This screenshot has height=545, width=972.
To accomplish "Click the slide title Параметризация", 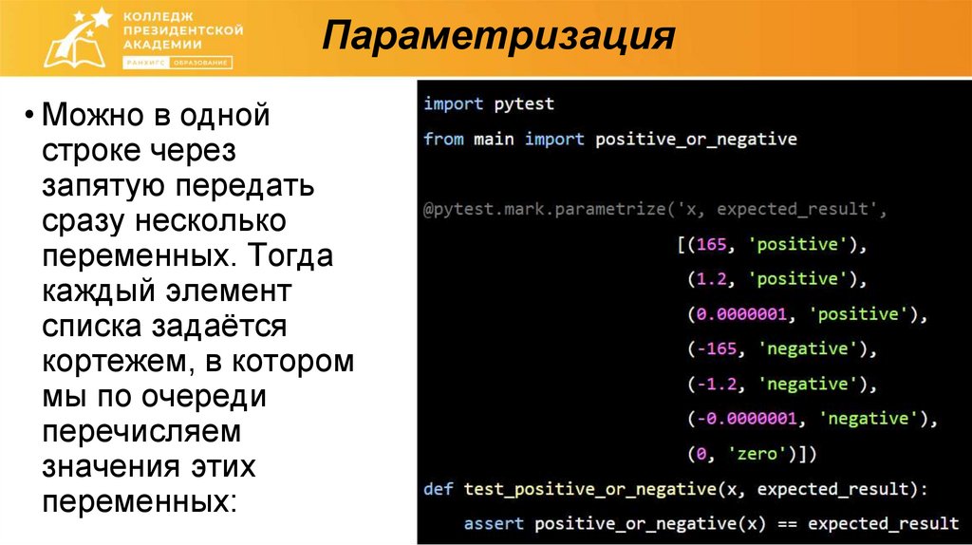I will pyautogui.click(x=497, y=38).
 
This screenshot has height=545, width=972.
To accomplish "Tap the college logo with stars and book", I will pyautogui.click(x=71, y=37).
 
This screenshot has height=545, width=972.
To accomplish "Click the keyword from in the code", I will pyautogui.click(x=443, y=139).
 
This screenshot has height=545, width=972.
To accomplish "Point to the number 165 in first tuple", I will pyautogui.click(x=710, y=244).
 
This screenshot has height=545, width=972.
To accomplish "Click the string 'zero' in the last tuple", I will pyautogui.click(x=754, y=454).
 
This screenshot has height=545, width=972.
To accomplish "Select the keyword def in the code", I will pyautogui.click(x=439, y=489).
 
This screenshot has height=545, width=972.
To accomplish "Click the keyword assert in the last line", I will pyautogui.click(x=494, y=523).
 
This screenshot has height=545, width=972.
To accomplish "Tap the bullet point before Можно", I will pyautogui.click(x=30, y=119).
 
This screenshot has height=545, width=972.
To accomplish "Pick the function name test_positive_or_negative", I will pyautogui.click(x=589, y=489).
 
